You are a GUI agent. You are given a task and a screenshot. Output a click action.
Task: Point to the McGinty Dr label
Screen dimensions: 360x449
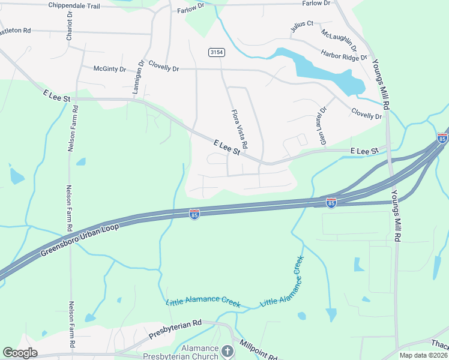pos(109,69)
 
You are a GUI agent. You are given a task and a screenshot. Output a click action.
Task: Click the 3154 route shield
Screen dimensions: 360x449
pos(217,53)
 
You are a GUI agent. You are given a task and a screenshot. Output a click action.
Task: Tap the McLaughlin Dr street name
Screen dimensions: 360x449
pos(339,39)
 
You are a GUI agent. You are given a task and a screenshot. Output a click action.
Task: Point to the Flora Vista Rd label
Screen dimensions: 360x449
pos(239,130)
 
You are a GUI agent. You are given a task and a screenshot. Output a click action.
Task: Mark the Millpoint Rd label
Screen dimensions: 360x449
pos(259,350)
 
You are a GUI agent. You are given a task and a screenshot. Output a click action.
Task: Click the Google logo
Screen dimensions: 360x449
pos(20,353)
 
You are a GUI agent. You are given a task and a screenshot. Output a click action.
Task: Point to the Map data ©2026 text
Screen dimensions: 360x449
pos(423,355)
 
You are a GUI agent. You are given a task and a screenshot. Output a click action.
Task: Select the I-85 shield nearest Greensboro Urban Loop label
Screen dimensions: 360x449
pos(194,214)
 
